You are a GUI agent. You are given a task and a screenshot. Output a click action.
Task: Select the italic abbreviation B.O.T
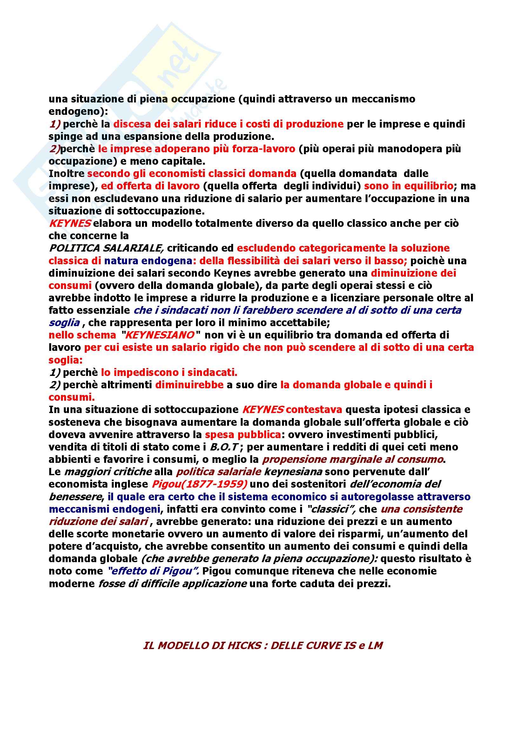224,447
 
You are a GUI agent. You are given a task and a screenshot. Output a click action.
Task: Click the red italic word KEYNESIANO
159,335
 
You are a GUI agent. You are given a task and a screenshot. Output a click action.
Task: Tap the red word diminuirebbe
189,385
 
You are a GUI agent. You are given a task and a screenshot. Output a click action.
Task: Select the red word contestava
313,410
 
